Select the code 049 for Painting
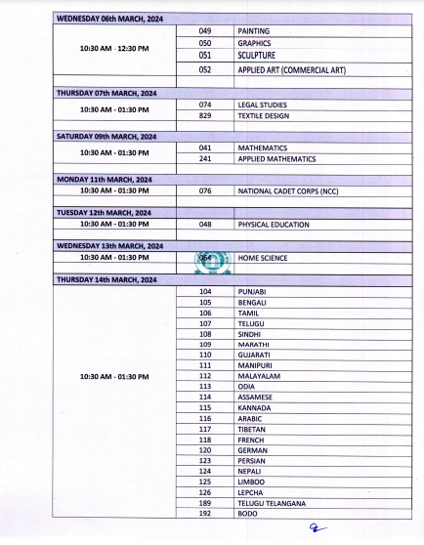tap(205, 31)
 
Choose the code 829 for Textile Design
tap(205, 115)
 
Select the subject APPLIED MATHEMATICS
tap(275, 158)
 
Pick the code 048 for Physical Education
tap(205, 225)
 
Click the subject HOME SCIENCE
tap(261, 258)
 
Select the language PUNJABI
tap(252, 291)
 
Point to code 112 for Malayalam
tap(205, 375)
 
